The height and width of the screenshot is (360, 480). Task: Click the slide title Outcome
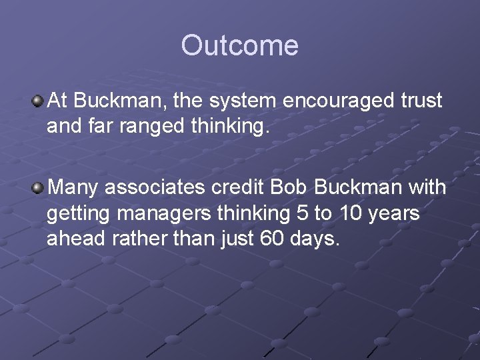coord(239,46)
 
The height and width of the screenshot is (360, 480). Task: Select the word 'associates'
coord(155,188)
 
